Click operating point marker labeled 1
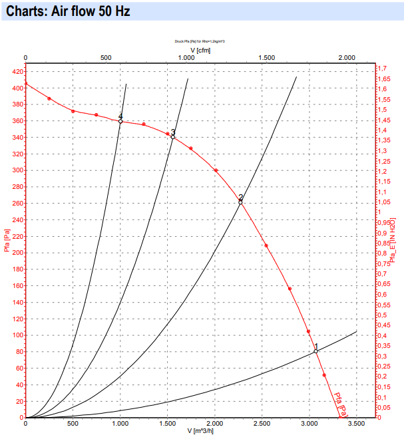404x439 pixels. [x=316, y=351]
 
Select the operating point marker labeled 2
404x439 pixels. [x=240, y=202]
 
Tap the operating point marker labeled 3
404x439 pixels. [x=172, y=137]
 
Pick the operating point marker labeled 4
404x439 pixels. [x=120, y=121]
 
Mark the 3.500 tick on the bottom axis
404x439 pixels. [x=357, y=424]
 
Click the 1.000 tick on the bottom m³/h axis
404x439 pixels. [x=120, y=424]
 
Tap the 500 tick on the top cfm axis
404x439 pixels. [x=106, y=59]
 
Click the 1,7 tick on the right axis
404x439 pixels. [x=382, y=69]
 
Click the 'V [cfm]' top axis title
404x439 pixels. [x=201, y=49]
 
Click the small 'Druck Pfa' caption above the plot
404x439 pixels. [x=201, y=41]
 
